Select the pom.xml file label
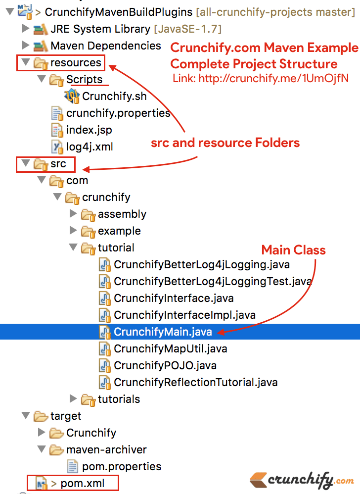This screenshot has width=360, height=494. click(x=83, y=483)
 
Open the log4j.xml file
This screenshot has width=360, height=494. click(x=90, y=147)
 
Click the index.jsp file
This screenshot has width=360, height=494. click(x=89, y=130)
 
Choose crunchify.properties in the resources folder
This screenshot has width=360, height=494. click(x=118, y=113)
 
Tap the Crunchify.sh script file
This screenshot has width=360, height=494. click(x=114, y=96)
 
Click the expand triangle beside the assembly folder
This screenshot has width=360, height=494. click(x=73, y=214)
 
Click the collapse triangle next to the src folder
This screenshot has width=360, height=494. click(x=26, y=164)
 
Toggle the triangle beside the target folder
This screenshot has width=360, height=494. click(x=26, y=416)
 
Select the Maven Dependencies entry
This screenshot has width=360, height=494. click(x=105, y=46)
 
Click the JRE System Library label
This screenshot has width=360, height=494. click(x=100, y=29)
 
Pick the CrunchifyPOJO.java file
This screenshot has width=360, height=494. click(x=165, y=365)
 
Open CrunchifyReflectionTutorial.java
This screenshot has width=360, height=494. click(x=195, y=382)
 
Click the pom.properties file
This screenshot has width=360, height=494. click(x=122, y=466)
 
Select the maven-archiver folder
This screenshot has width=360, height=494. click(x=106, y=449)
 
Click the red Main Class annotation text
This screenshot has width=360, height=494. click(x=293, y=250)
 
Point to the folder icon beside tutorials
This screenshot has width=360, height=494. click(x=88, y=399)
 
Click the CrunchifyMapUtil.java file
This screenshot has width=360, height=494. click(x=170, y=348)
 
